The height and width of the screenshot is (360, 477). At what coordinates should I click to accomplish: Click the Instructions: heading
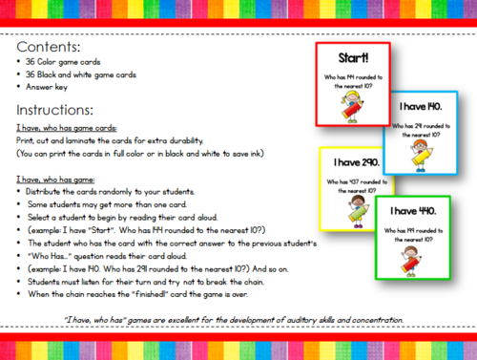click(x=56, y=109)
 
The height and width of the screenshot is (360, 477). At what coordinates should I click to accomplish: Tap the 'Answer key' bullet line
click(x=55, y=88)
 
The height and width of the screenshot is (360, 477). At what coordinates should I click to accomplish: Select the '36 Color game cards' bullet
click(x=68, y=62)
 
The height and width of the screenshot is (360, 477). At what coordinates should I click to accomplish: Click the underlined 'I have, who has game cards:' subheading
click(x=67, y=127)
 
